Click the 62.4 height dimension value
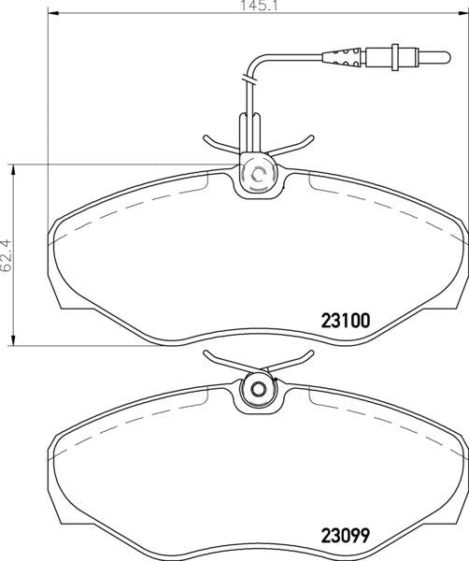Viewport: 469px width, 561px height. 7,256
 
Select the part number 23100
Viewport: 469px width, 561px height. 346,321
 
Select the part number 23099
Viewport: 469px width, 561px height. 346,536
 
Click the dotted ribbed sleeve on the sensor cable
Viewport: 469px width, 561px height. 344,57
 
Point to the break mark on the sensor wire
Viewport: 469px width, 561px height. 249,79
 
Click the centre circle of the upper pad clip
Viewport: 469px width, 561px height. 257,174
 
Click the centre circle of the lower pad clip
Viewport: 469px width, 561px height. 257,390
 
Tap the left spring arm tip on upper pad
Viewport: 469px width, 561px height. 206,137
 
